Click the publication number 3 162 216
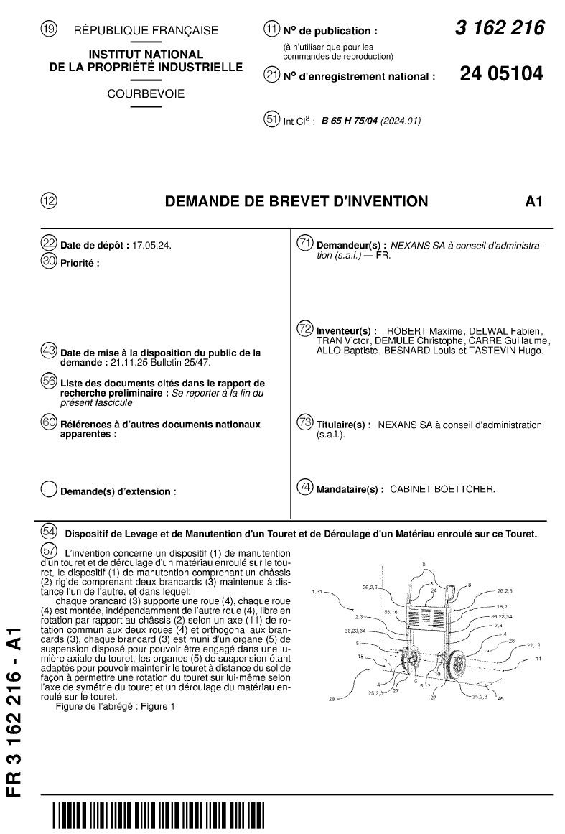click(500, 29)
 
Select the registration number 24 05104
click(501, 74)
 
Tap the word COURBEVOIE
click(146, 93)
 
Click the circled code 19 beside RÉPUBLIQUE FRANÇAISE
click(49, 30)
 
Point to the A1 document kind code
click(533, 201)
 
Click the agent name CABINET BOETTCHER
click(442, 488)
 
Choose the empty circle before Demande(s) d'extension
click(49, 490)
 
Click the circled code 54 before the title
click(49, 532)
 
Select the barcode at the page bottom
click(157, 817)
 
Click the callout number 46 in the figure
click(500, 698)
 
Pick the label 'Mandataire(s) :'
click(350, 488)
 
